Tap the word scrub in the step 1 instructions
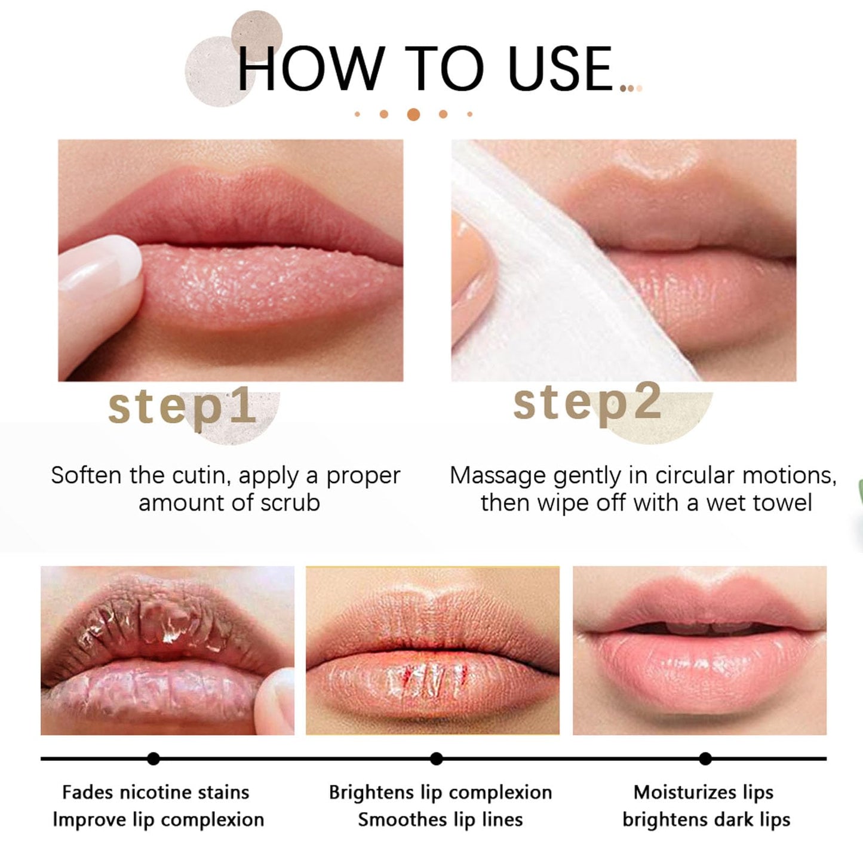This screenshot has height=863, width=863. pyautogui.click(x=290, y=503)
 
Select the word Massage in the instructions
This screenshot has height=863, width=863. pyautogui.click(x=497, y=475)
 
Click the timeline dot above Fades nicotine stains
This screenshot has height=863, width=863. pyautogui.click(x=153, y=758)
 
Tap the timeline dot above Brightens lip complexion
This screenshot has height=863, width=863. pyautogui.click(x=437, y=758)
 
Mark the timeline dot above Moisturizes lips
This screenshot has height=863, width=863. pyautogui.click(x=705, y=758)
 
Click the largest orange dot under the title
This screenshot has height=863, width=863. pyautogui.click(x=413, y=114)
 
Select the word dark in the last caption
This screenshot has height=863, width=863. pyautogui.click(x=733, y=820)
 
